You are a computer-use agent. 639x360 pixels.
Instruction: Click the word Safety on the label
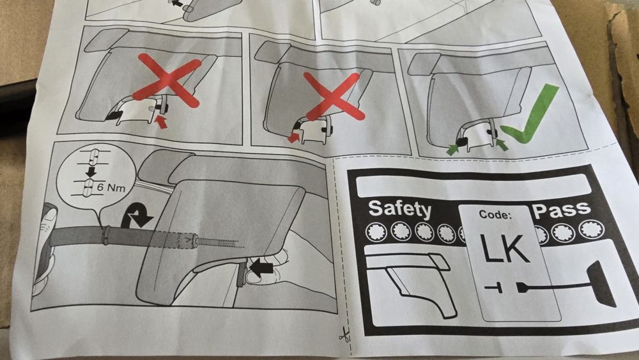(399, 209)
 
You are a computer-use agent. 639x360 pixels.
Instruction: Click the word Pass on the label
(562, 210)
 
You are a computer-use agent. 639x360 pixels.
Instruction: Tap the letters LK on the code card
(505, 248)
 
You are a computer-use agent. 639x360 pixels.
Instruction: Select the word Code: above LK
(495, 214)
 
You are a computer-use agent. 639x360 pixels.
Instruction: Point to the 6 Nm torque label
(111, 188)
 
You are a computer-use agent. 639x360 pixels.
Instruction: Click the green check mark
(530, 114)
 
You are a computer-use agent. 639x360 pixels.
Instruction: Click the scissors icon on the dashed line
(344, 336)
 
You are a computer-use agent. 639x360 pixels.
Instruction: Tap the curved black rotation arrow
(136, 216)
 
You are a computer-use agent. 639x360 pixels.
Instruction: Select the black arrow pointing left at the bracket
(261, 268)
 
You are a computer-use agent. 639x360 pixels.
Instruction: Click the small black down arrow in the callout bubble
(91, 171)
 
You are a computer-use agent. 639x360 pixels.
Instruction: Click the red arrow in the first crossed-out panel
(162, 121)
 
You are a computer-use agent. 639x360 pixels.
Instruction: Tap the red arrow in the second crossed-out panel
(294, 137)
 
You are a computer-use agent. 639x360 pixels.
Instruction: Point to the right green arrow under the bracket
(502, 144)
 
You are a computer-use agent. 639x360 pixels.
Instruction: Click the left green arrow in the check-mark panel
(453, 149)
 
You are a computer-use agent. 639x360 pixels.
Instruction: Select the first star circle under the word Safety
(376, 232)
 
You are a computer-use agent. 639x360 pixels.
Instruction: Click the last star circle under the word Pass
(591, 229)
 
